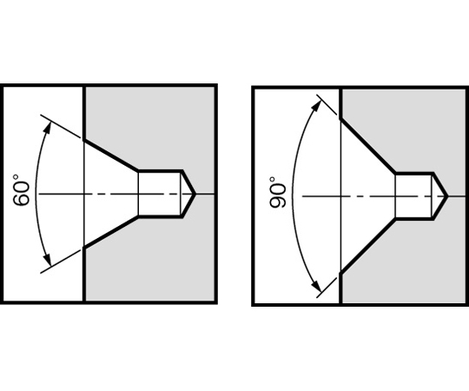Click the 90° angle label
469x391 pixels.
coord(277,192)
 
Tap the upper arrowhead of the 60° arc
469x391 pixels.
coord(48,128)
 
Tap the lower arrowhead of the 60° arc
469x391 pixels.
coord(48,260)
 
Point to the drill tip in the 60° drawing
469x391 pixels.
coord(195,194)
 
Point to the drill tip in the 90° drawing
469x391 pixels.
coord(447,196)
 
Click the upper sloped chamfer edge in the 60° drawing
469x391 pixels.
coord(111,156)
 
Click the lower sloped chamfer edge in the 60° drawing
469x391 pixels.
coord(111,232)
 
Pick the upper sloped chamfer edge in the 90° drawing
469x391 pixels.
coord(368,146)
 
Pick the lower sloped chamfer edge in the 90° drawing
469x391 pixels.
coord(368,246)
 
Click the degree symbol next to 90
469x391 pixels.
coord(272,180)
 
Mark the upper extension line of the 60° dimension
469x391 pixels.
coord(61,126)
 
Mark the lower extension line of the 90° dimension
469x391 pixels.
coord(327,288)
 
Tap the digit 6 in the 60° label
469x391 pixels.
coord(22,200)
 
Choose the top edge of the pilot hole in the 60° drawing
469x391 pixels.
coord(161,171)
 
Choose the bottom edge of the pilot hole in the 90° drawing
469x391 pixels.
coord(414,219)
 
